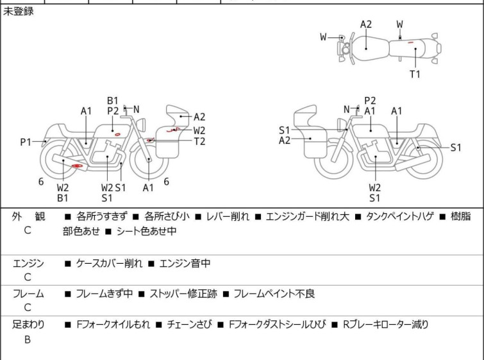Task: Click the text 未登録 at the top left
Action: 19,12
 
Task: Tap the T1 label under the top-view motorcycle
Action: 415,74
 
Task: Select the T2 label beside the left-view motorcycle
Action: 199,141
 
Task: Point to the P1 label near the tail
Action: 26,142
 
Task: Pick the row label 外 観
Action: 28,217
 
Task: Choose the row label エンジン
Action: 28,263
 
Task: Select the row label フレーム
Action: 28,294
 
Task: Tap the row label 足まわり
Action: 28,325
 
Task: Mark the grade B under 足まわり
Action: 28,339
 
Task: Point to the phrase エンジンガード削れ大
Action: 308,217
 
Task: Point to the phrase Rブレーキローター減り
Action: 386,325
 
